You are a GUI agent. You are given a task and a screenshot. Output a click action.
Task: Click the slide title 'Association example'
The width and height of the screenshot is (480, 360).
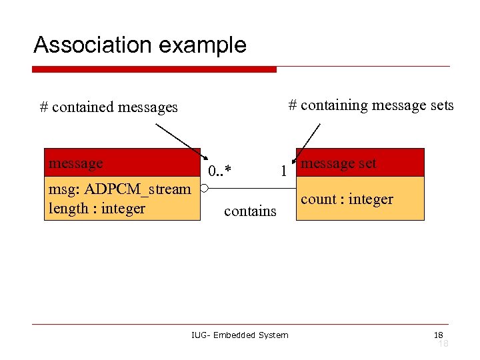pyautogui.click(x=140, y=45)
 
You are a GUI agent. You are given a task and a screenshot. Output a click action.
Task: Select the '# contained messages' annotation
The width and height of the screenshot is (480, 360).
pyautogui.click(x=109, y=107)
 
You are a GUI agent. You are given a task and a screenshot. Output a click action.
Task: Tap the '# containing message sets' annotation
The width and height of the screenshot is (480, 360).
pyautogui.click(x=371, y=105)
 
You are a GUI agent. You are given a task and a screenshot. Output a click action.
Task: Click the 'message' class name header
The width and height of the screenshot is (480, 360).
pyautogui.click(x=76, y=163)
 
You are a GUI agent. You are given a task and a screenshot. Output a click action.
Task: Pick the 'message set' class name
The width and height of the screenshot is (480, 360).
pyautogui.click(x=339, y=163)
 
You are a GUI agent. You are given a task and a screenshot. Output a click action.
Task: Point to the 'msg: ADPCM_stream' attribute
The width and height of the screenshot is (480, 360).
pyautogui.click(x=119, y=189)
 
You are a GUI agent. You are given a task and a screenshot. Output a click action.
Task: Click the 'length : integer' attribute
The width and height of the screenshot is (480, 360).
pyautogui.click(x=97, y=209)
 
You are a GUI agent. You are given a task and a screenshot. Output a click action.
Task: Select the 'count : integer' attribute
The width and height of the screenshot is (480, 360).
pyautogui.click(x=347, y=199)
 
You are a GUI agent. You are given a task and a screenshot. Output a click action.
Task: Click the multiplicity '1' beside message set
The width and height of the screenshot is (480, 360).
pyautogui.click(x=283, y=171)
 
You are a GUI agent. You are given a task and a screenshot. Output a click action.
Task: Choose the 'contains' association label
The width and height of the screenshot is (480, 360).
pyautogui.click(x=250, y=211)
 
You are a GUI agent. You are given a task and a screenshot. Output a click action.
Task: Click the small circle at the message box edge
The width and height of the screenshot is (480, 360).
pyautogui.click(x=205, y=189)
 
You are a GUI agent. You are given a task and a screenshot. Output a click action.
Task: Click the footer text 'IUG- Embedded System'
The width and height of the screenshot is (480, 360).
pyautogui.click(x=239, y=335)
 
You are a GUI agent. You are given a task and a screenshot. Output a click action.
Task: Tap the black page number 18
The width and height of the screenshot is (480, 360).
pyautogui.click(x=438, y=335)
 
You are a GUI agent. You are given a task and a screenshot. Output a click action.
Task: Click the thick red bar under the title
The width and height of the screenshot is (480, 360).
pyautogui.click(x=154, y=69)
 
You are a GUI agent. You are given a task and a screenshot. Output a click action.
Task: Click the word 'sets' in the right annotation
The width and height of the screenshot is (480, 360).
pyautogui.click(x=440, y=105)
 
